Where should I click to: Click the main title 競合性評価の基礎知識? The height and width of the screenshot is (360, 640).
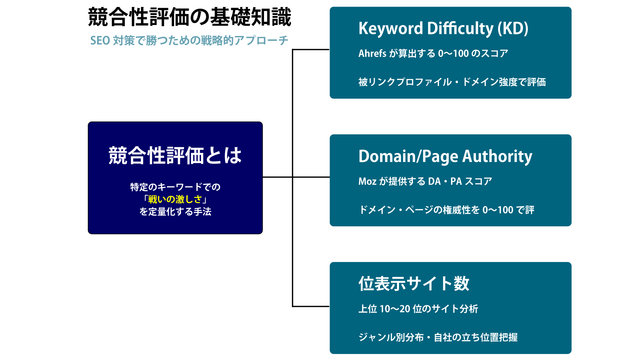(x=190, y=17)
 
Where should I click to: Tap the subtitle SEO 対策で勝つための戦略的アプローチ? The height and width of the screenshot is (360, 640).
(x=189, y=40)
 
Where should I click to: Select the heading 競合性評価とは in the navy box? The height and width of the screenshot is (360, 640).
(x=175, y=155)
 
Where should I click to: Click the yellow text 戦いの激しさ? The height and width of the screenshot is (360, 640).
(x=175, y=199)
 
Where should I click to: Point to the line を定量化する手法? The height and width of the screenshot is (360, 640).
(x=175, y=212)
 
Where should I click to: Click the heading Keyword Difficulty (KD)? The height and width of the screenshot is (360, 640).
(x=443, y=29)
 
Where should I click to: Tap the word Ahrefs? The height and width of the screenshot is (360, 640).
(x=372, y=53)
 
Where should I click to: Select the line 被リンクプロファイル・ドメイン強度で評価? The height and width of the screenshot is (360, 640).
(x=452, y=82)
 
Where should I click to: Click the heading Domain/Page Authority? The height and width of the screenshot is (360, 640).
(x=445, y=157)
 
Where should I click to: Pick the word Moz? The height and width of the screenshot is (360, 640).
(x=367, y=181)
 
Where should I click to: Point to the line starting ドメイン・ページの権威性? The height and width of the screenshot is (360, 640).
(x=446, y=210)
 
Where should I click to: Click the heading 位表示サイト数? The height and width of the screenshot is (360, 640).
(x=414, y=284)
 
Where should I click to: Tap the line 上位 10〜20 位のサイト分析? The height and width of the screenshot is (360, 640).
(x=418, y=309)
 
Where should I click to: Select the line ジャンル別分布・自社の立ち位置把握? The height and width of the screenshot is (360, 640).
(x=438, y=337)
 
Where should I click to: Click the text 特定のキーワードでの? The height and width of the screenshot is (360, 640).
(x=175, y=187)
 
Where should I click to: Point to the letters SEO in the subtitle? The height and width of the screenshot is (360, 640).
(x=100, y=40)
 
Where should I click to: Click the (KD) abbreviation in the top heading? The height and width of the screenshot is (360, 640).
(x=513, y=29)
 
